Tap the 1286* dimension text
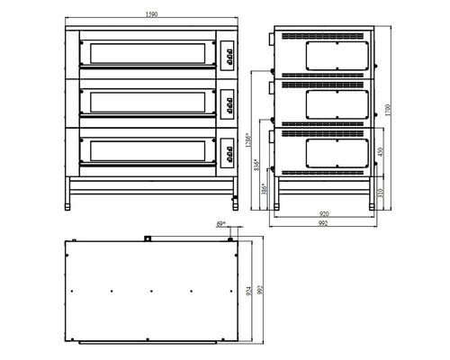point(255,141)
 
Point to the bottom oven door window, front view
point(146,150)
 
